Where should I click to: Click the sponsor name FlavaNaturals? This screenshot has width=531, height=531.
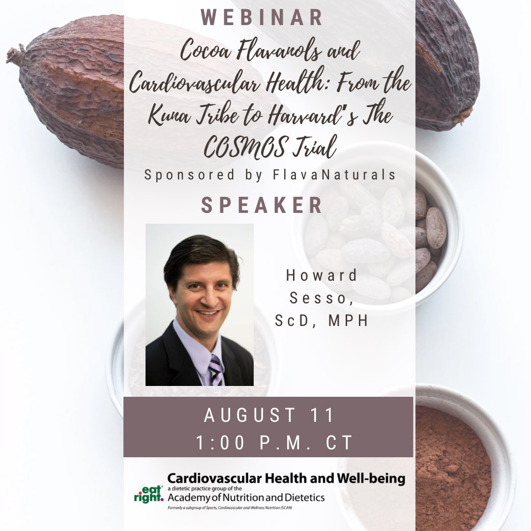pos(339,176)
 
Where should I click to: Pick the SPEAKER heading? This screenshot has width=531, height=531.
pos(263,206)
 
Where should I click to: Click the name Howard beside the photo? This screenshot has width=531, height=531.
pos(322,275)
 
